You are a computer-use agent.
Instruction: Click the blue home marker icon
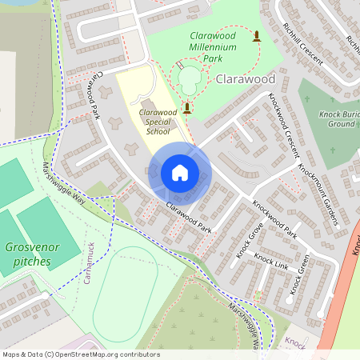180,173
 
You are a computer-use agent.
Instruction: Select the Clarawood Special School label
157,122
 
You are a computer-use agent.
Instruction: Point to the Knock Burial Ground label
337,119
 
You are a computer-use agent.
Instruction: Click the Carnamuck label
89,262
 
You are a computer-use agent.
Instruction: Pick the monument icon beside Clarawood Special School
187,107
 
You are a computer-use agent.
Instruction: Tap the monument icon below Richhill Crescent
257,36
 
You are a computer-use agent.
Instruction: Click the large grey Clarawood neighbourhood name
246,79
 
